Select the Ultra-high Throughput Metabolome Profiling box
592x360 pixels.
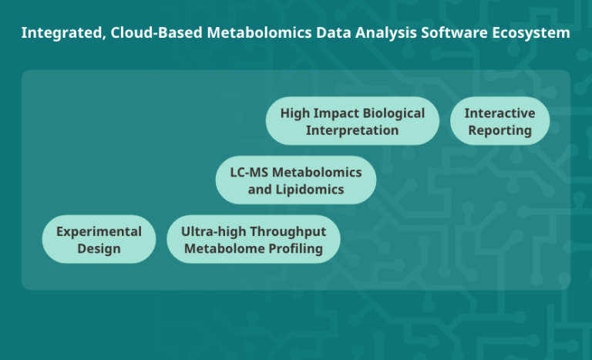tap(253, 239)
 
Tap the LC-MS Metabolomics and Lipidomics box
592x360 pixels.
tap(296, 180)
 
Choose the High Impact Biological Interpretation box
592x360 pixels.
tap(352, 121)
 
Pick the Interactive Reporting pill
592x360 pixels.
tap(499, 121)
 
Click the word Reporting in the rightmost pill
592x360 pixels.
tap(499, 130)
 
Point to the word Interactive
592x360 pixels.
tap(499, 113)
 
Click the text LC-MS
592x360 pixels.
tap(248, 171)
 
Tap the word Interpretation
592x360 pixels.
tap(352, 130)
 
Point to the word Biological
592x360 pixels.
tap(388, 113)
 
